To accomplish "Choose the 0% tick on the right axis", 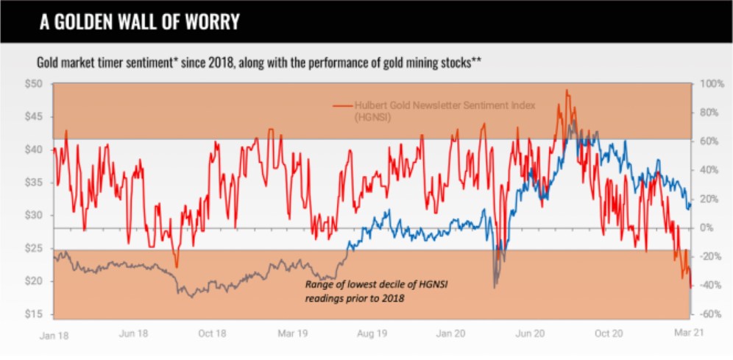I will (706, 228).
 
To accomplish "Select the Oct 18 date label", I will (213, 334).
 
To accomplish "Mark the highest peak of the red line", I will (566, 91).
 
